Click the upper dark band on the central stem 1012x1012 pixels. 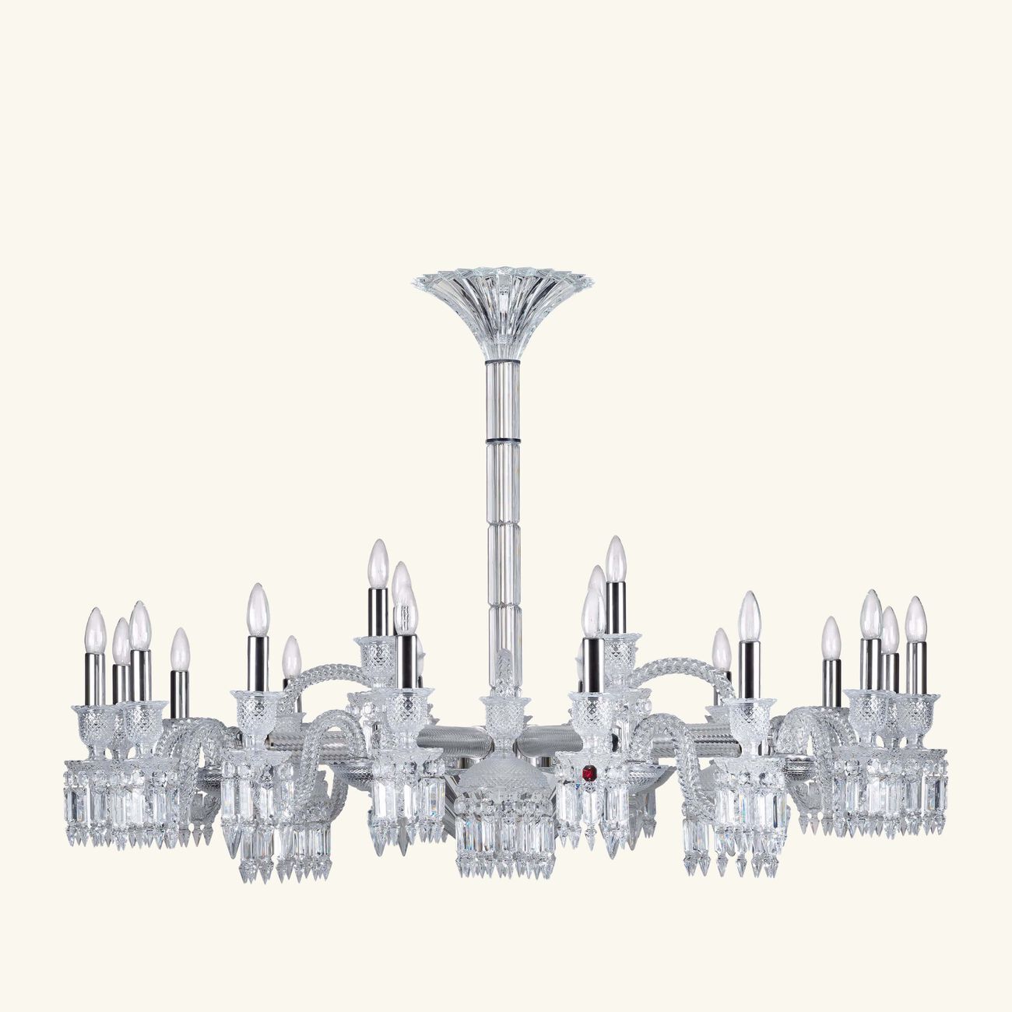pyautogui.click(x=504, y=361)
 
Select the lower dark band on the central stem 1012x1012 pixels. pyautogui.click(x=504, y=440)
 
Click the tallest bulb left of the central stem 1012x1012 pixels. pyautogui.click(x=378, y=563)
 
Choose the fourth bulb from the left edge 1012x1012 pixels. pyautogui.click(x=180, y=651)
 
